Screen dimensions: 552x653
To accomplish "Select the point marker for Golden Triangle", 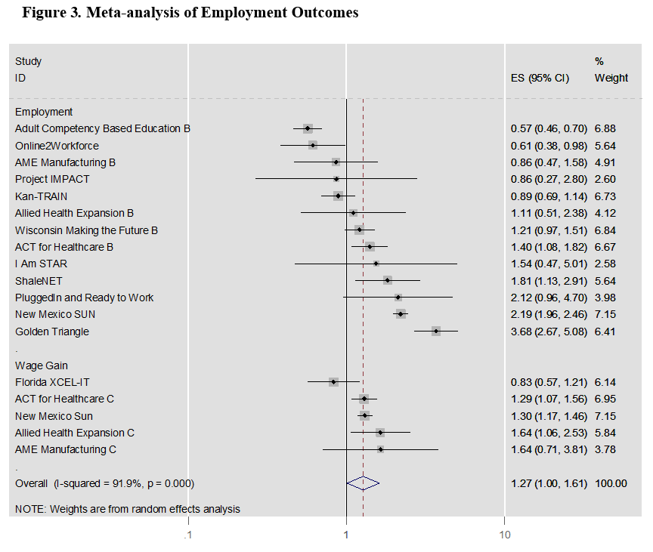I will tap(436, 331).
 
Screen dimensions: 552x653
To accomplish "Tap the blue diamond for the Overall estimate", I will tap(363, 483).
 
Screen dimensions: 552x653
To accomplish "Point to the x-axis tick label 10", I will tap(505, 535).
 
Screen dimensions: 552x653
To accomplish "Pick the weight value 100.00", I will tap(611, 483).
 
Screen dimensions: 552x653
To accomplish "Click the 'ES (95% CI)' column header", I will tap(540, 78).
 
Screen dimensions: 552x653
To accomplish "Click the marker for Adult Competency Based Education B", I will tap(308, 128).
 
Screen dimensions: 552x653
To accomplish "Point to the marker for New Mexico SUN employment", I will tap(401, 314).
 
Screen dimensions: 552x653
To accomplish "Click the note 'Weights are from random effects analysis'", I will tap(128, 509).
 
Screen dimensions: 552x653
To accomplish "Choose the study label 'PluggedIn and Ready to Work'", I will tap(84, 298).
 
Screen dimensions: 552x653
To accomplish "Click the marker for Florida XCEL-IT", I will tap(333, 382).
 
